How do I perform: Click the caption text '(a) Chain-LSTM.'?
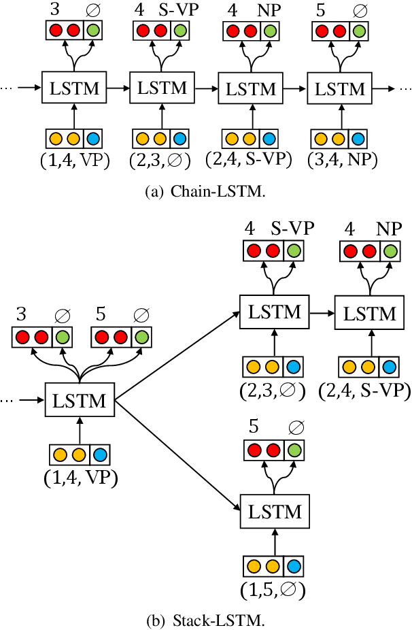[x=205, y=192]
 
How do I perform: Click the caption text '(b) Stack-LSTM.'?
[x=205, y=620]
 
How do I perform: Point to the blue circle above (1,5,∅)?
[x=293, y=566]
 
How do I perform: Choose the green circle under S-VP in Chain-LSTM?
[x=179, y=31]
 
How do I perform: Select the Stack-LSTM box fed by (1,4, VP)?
[x=80, y=401]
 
